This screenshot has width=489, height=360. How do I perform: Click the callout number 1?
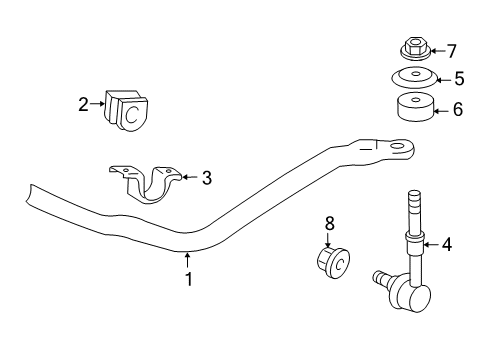click(x=187, y=281)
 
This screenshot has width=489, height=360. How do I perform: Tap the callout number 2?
click(x=85, y=101)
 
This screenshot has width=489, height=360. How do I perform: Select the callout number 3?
click(x=206, y=178)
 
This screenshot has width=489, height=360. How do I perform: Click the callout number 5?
click(x=459, y=77)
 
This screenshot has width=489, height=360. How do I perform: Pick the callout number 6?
click(x=458, y=109)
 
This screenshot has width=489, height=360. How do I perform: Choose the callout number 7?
click(x=451, y=50)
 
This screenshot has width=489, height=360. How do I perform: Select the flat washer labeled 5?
click(x=412, y=77)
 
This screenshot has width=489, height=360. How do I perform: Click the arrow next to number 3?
click(x=188, y=178)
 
